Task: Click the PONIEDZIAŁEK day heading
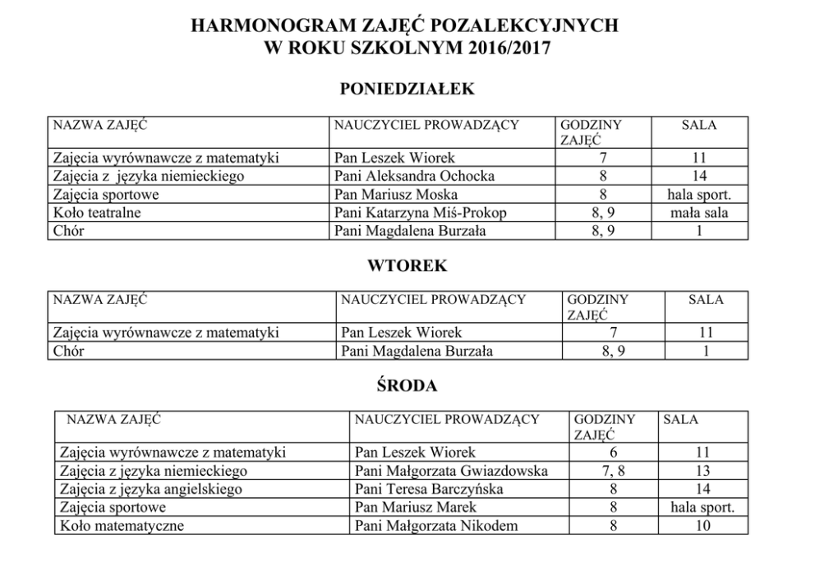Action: pyautogui.click(x=407, y=90)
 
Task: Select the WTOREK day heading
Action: pyautogui.click(x=407, y=266)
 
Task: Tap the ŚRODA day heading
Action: pyautogui.click(x=407, y=385)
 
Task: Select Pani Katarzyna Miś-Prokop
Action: pyautogui.click(x=420, y=213)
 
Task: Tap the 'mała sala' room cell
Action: pyautogui.click(x=698, y=213)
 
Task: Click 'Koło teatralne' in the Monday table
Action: pyautogui.click(x=97, y=213)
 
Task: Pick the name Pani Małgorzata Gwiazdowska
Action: pyautogui.click(x=451, y=471)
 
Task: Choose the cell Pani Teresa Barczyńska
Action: pyautogui.click(x=429, y=489)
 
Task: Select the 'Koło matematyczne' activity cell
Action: pyautogui.click(x=122, y=525)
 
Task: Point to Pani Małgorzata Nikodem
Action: pyautogui.click(x=436, y=525)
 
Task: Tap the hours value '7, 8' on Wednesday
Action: pyautogui.click(x=613, y=471)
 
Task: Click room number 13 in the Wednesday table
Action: pyautogui.click(x=702, y=471)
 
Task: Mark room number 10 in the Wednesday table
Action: pyautogui.click(x=702, y=525)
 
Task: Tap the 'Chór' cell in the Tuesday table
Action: pyautogui.click(x=69, y=351)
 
